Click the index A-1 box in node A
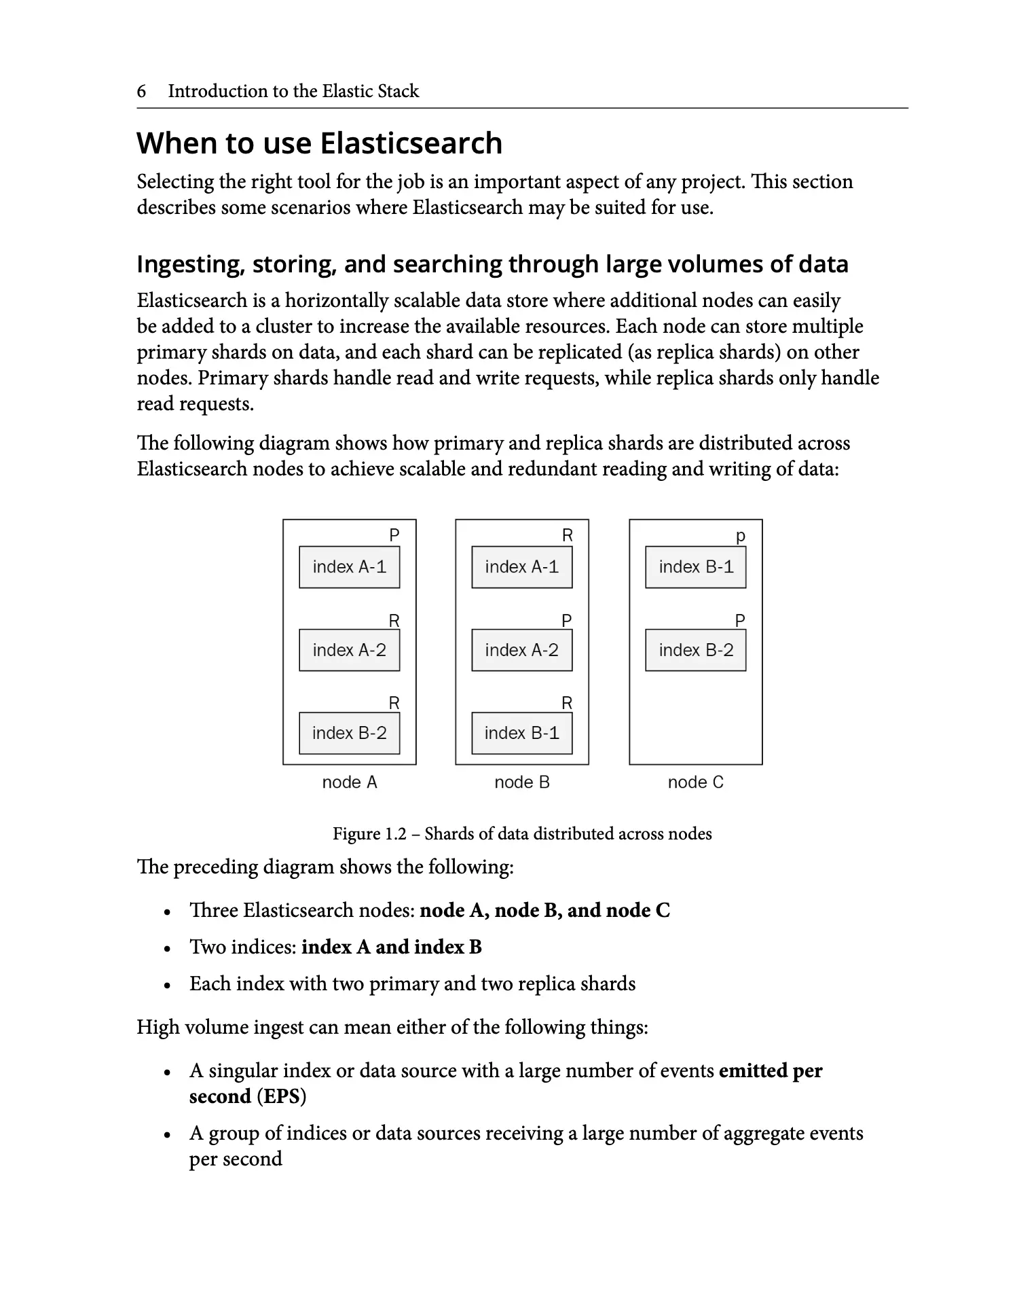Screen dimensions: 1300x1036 349,567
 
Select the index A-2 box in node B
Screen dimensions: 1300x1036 521,651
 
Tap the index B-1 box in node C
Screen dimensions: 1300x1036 695,567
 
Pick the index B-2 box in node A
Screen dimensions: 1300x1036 349,734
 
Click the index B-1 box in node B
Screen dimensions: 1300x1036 521,734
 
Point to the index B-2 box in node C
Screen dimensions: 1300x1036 695,651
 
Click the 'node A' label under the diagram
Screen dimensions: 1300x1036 349,782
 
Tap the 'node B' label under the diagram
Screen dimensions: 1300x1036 521,782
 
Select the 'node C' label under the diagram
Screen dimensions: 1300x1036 695,782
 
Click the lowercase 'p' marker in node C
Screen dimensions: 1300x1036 741,537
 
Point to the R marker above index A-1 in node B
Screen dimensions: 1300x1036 568,536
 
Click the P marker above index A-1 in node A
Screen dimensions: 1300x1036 394,536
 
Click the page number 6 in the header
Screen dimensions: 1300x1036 141,91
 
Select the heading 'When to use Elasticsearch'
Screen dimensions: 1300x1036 319,143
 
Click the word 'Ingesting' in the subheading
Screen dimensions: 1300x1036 190,264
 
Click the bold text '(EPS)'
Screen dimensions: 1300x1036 281,1097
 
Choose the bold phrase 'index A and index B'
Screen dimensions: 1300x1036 391,947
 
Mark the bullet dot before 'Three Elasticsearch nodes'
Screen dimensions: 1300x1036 167,912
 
